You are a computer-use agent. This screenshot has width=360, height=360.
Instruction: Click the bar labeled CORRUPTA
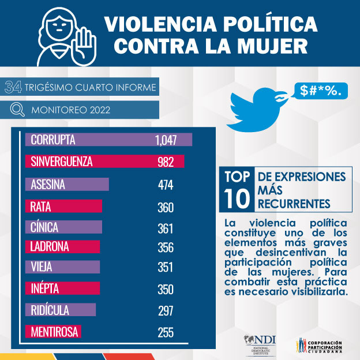click(x=108, y=140)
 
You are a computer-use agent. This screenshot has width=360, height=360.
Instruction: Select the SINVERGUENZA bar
click(x=104, y=162)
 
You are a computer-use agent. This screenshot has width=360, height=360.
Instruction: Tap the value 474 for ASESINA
click(x=166, y=185)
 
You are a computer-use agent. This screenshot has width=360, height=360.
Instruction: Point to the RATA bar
click(x=64, y=207)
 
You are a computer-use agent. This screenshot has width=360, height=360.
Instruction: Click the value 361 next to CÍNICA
click(x=166, y=228)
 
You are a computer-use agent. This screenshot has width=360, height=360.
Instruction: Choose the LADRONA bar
click(x=63, y=247)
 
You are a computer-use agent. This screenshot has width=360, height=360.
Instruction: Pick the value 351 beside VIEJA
click(x=166, y=268)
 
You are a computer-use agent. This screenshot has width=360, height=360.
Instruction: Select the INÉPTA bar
click(x=63, y=288)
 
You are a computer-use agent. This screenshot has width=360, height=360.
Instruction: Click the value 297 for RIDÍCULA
click(x=166, y=311)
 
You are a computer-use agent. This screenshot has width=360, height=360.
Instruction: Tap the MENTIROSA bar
click(x=53, y=332)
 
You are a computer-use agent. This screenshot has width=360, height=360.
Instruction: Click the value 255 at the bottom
click(x=166, y=333)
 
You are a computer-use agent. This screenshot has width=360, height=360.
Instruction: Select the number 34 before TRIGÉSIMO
click(x=14, y=88)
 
